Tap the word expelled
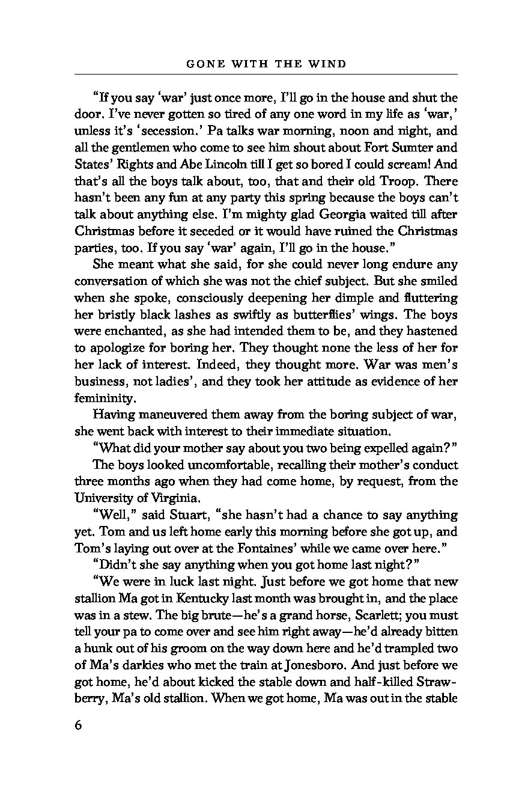tap(364, 448)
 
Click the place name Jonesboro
tap(336, 649)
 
